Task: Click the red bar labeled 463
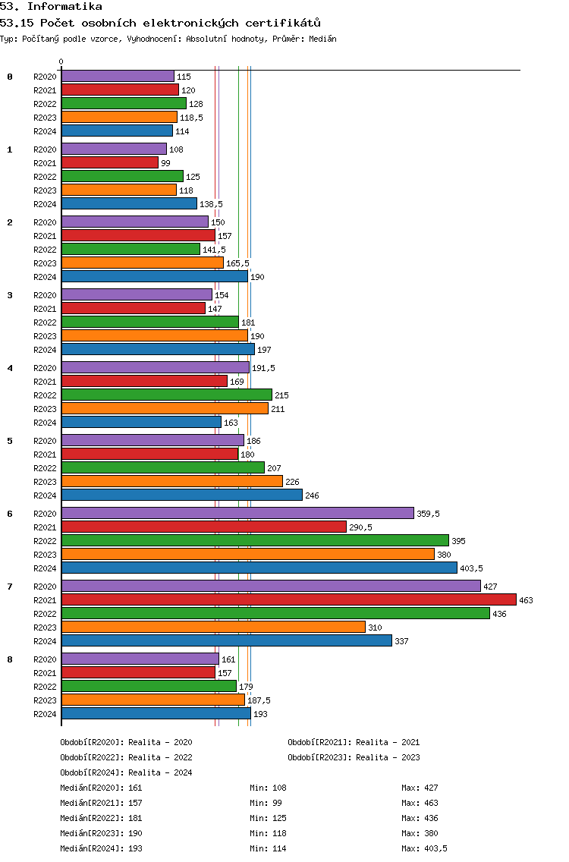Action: coord(289,599)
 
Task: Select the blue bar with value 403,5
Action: coord(259,568)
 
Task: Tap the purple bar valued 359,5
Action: coord(237,513)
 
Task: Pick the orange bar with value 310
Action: coord(213,628)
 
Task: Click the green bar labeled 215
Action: coord(167,395)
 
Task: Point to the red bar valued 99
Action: coord(110,162)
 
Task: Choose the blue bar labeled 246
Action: coord(182,495)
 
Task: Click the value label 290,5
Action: coord(360,527)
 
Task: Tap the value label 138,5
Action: coord(211,204)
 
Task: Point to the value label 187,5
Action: coord(259,700)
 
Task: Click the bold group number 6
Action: coord(10,514)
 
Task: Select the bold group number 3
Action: coord(10,295)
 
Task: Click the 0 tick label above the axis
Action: coord(61,61)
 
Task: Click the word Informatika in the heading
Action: coord(65,7)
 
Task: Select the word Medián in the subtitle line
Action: coord(322,39)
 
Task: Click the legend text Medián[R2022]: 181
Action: coord(101,818)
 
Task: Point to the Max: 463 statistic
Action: coord(420,803)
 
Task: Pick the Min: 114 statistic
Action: coord(268,848)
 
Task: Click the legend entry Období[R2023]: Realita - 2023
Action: coord(354,757)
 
